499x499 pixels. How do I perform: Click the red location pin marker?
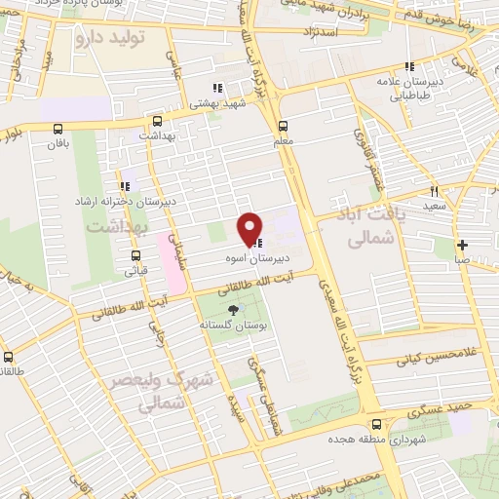250,228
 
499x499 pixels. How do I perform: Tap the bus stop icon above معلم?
284,125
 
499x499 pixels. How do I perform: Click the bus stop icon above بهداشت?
157,122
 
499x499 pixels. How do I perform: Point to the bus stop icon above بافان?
59,128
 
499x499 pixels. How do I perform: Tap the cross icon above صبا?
462,245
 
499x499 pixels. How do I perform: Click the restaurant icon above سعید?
435,191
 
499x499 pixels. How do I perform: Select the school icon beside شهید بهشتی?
217,88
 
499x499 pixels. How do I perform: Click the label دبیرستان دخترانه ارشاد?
170,200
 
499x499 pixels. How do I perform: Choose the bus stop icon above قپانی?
136,257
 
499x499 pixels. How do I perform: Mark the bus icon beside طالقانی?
8,357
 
